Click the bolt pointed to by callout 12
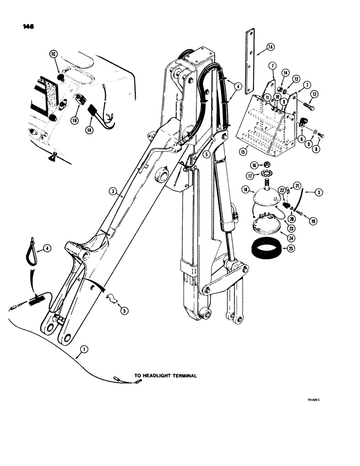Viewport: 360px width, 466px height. [308, 108]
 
